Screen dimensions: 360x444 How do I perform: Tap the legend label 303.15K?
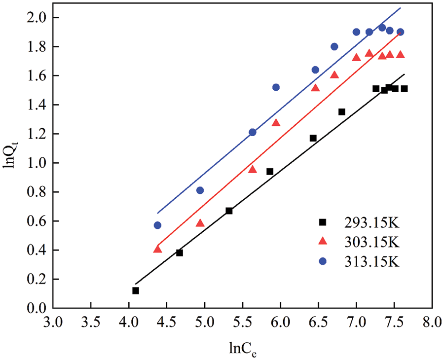371,242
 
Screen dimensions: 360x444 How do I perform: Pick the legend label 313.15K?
371,261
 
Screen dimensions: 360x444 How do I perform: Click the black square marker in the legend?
323,222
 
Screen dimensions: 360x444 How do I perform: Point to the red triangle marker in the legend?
323,241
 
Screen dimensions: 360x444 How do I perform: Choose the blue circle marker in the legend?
323,261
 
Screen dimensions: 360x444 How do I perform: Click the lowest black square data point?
136,291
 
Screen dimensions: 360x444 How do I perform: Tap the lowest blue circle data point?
157,225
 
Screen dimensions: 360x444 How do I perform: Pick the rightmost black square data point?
404,89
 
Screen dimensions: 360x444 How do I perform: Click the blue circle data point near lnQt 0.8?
200,190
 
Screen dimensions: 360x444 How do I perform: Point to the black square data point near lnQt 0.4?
180,252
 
